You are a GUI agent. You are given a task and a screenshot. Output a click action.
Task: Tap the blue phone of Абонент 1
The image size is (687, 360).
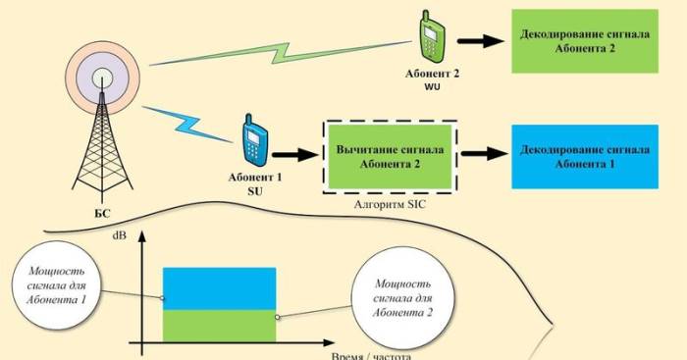pos(254,143)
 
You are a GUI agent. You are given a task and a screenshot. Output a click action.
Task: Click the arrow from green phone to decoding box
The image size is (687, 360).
pos(478,41)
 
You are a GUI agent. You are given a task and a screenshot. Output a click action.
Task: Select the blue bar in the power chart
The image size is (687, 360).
pos(219,287)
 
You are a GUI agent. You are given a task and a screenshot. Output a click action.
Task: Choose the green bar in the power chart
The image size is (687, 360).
pos(219,324)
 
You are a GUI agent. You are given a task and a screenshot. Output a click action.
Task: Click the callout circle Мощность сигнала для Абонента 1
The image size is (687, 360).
pos(61,285)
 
